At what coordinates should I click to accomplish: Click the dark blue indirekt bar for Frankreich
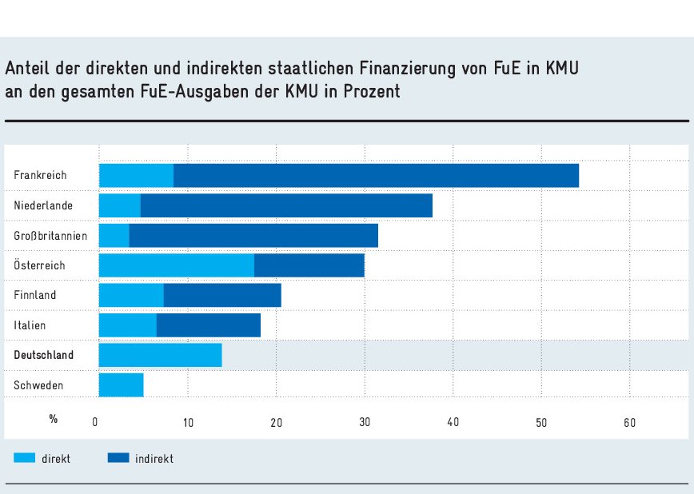pos(376,175)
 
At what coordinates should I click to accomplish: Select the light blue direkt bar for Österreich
pos(177,265)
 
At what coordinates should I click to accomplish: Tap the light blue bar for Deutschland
pos(160,355)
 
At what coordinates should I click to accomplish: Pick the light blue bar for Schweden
pos(121,385)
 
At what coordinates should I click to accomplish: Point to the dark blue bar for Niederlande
pos(286,205)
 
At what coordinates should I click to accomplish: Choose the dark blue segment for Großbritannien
pos(253,236)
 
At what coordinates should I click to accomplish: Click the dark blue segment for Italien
pos(209,325)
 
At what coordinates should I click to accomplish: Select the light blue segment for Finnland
pos(131,295)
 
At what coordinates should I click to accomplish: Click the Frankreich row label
pos(40,175)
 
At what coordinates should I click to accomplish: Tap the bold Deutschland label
pos(44,355)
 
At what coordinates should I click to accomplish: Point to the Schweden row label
pos(38,385)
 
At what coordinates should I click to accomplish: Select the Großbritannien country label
pos(50,236)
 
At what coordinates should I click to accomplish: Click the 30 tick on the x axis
pos(365,421)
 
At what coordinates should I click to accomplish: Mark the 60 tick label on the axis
pos(629,421)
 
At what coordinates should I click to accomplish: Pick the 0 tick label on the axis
pos(95,421)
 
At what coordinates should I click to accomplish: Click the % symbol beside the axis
pos(54,418)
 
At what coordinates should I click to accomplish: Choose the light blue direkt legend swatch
pos(25,458)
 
